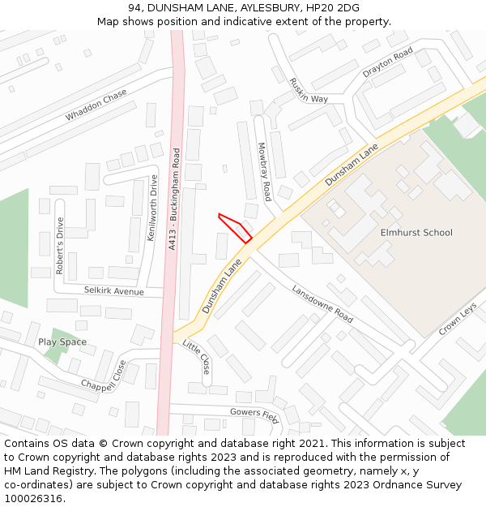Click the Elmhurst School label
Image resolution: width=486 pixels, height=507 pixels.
coord(416,233)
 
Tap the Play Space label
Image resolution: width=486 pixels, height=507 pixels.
coord(62,342)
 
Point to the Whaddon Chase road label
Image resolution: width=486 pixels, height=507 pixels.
coord(96,105)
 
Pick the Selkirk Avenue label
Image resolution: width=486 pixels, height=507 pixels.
coord(113,290)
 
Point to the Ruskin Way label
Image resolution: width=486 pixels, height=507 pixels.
coord(309,90)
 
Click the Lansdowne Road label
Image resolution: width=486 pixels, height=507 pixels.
coord(322,303)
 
